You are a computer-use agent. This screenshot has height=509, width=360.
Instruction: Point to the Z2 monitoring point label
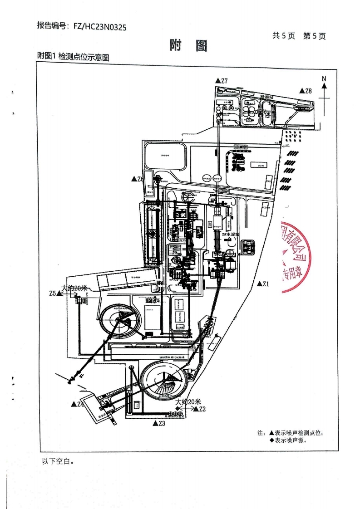(200, 409)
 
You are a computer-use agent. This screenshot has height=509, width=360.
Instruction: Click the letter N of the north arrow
(324, 78)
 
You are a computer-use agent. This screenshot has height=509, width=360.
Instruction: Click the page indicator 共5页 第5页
(299, 36)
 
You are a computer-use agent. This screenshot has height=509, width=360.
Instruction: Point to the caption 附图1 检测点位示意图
(74, 57)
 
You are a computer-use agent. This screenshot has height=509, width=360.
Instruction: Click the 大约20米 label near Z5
(74, 288)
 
